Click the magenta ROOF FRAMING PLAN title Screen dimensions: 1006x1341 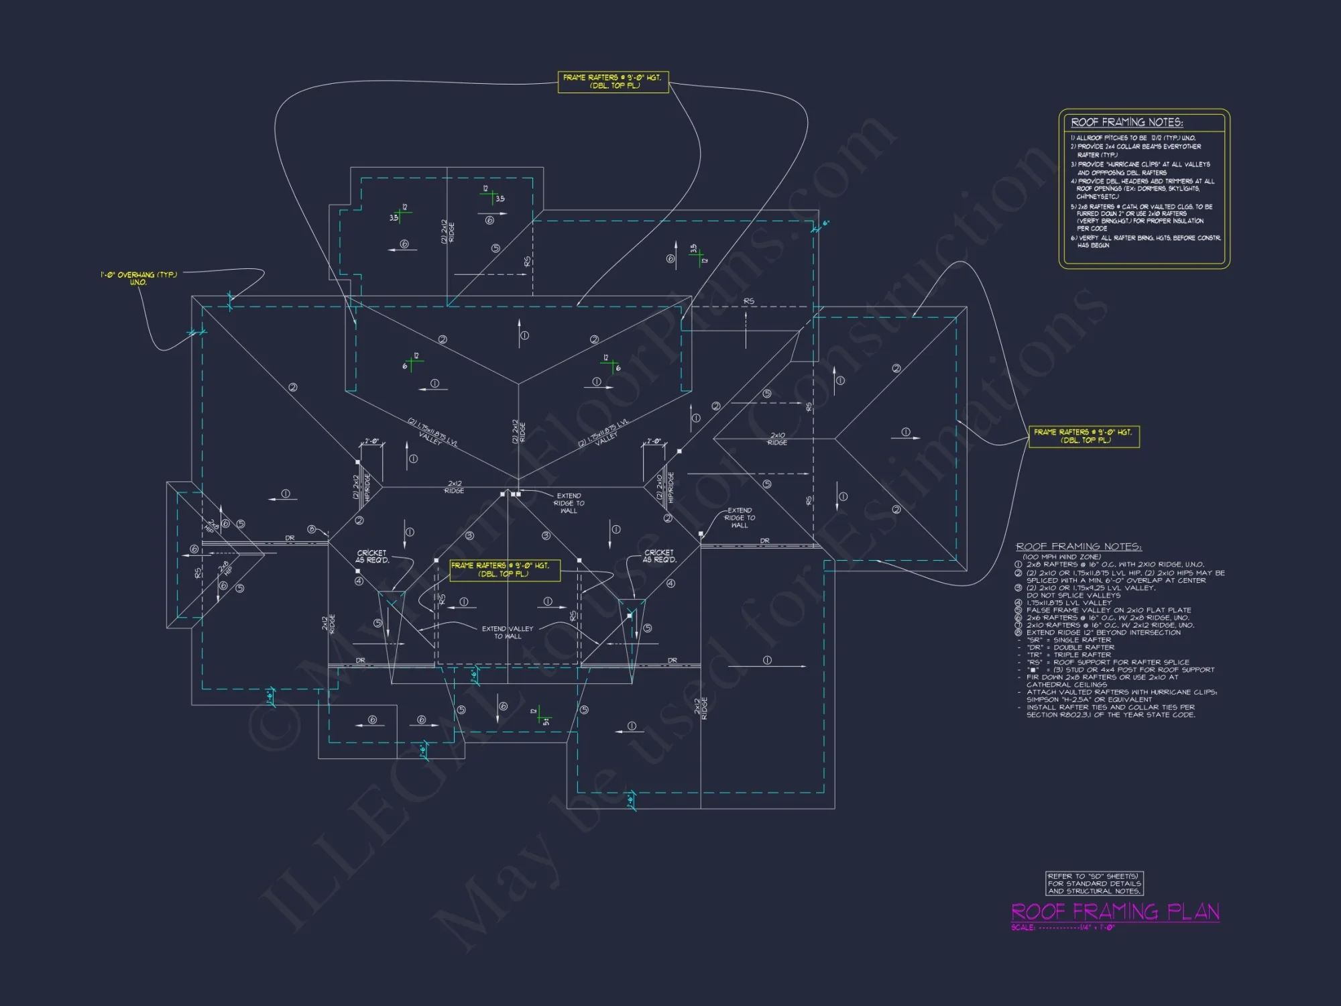(1114, 911)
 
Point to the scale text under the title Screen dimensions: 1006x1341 (1063, 928)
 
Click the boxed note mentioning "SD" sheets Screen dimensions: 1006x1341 (1094, 883)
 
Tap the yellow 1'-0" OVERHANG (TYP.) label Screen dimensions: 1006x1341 (139, 278)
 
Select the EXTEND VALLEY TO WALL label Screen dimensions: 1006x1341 (508, 632)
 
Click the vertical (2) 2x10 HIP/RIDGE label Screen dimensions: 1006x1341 (664, 488)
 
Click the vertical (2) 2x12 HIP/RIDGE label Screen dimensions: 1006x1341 (361, 488)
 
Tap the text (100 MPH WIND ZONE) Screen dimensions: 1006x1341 (1061, 557)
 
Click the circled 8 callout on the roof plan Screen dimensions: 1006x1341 (311, 529)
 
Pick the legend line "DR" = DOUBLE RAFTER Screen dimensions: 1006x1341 (1070, 647)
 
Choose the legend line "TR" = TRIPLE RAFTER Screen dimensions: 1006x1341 (1069, 655)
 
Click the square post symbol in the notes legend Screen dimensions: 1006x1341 (1032, 669)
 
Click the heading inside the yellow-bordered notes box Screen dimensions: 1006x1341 (1126, 122)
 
